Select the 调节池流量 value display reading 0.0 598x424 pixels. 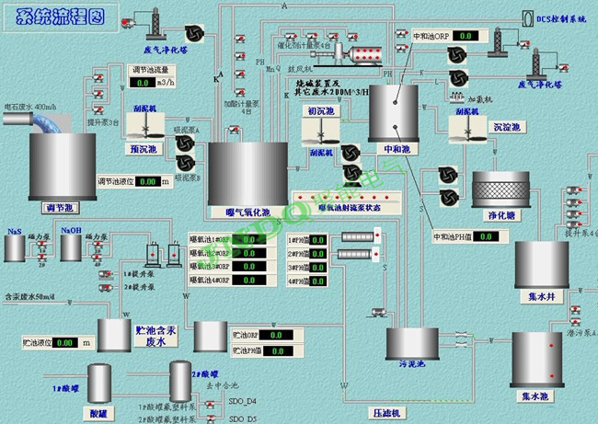[144, 82]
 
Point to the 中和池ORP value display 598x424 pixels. [466, 36]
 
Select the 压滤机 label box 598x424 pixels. [384, 413]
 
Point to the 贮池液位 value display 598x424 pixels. [64, 342]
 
